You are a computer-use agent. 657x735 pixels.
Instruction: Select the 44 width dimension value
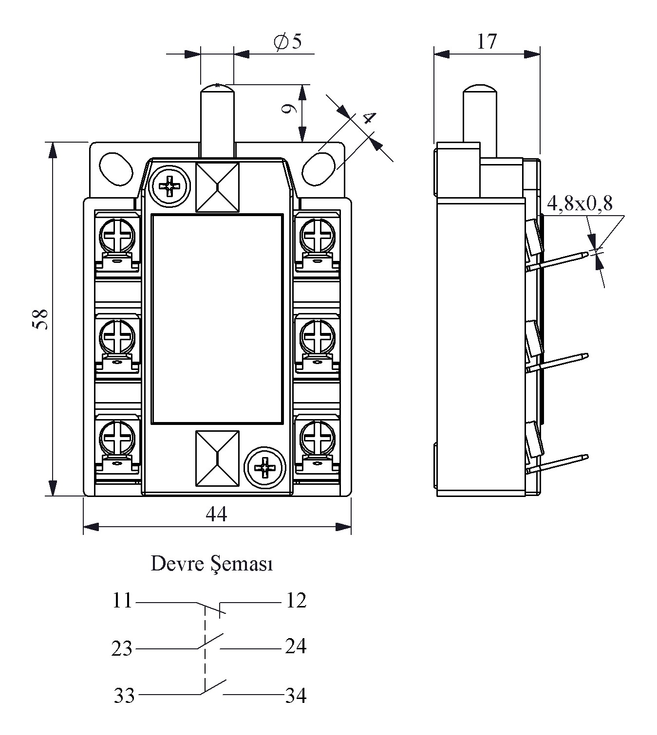(216, 514)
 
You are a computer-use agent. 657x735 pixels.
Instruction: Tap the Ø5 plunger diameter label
(287, 41)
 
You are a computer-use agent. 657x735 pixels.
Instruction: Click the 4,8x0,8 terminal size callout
(580, 203)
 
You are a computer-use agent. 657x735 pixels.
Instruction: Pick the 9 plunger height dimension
(289, 109)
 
